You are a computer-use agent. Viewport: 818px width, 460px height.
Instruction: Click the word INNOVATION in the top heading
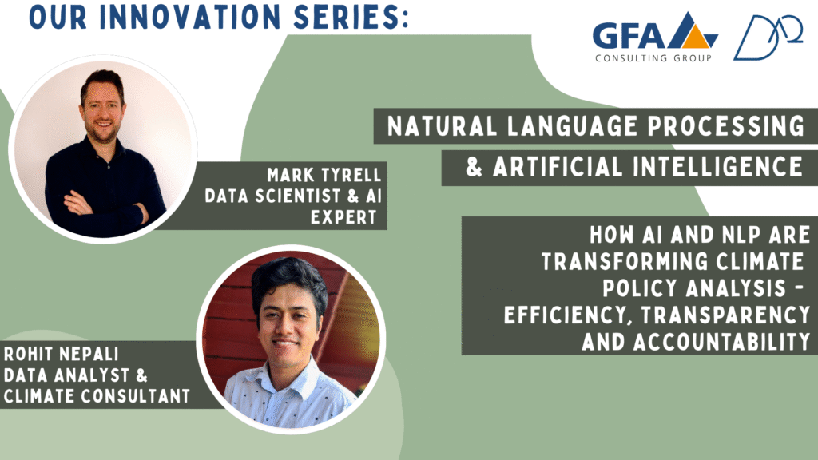pyautogui.click(x=190, y=16)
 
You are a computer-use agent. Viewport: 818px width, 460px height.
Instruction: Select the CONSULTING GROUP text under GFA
pyautogui.click(x=653, y=57)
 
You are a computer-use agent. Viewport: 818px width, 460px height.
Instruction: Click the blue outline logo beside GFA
pyautogui.click(x=768, y=38)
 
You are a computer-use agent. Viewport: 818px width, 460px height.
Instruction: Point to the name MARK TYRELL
pyautogui.click(x=324, y=175)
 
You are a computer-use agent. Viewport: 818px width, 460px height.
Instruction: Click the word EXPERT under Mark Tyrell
pyautogui.click(x=343, y=217)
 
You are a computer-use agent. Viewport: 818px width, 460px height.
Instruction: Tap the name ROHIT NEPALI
pyautogui.click(x=61, y=354)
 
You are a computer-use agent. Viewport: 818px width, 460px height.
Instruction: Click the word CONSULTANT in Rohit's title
pyautogui.click(x=135, y=396)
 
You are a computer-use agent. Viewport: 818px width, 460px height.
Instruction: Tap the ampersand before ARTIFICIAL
pyautogui.click(x=474, y=167)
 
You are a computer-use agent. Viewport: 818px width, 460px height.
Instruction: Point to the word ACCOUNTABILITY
pyautogui.click(x=696, y=342)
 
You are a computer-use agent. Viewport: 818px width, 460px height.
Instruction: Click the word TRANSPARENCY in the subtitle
pyautogui.click(x=725, y=315)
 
